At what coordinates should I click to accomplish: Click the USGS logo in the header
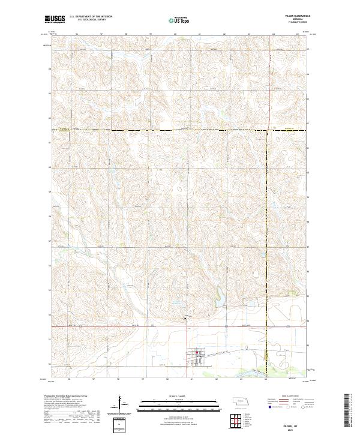55,20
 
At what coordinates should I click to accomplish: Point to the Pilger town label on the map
200,358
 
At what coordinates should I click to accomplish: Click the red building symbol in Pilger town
196,353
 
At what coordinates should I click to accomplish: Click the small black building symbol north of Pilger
184,319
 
